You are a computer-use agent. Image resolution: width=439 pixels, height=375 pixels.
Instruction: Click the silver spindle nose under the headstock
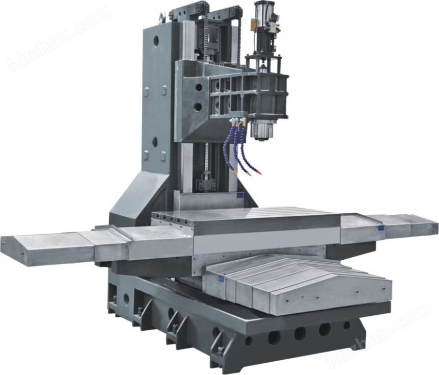click(x=261, y=130)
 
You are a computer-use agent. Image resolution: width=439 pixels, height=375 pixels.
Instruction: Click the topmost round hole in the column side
click(x=156, y=41)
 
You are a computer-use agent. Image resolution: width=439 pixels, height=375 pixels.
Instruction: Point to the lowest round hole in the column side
click(x=155, y=142)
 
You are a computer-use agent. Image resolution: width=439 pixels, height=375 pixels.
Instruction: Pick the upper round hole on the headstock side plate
click(x=199, y=87)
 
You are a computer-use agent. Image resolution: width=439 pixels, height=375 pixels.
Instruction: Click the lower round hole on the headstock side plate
click(x=198, y=106)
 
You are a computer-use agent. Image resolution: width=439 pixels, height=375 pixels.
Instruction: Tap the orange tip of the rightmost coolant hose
click(x=259, y=172)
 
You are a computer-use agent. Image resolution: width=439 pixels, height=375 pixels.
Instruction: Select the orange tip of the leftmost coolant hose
click(x=235, y=171)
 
